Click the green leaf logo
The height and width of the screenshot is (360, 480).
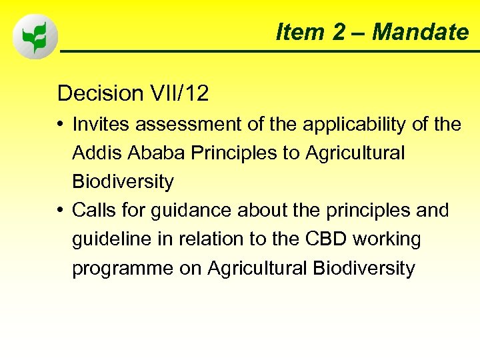(x=35, y=37)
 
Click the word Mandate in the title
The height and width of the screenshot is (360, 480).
(x=420, y=31)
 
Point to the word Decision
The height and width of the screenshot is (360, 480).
(x=100, y=93)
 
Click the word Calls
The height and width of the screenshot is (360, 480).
(x=95, y=211)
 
